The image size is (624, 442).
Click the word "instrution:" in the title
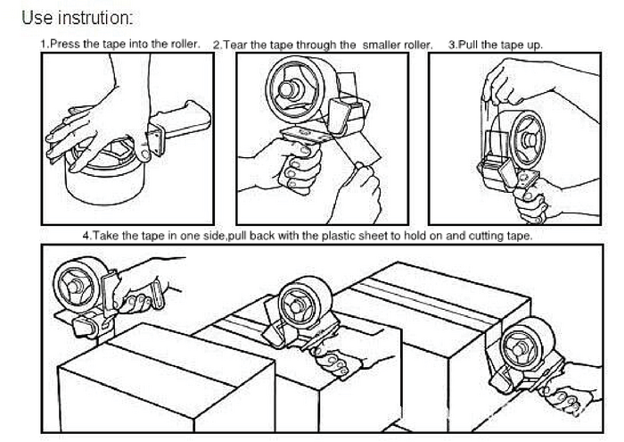point(95,18)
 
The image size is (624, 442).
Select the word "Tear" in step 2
point(236,45)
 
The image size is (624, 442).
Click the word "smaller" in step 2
point(382,45)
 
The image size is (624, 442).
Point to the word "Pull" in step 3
point(469,45)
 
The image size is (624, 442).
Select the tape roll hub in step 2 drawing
point(291,89)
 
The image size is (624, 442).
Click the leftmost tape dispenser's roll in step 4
point(76,284)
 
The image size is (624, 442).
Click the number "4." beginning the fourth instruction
point(87,236)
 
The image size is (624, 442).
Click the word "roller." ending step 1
point(185,44)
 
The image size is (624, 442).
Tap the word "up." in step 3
point(535,46)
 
